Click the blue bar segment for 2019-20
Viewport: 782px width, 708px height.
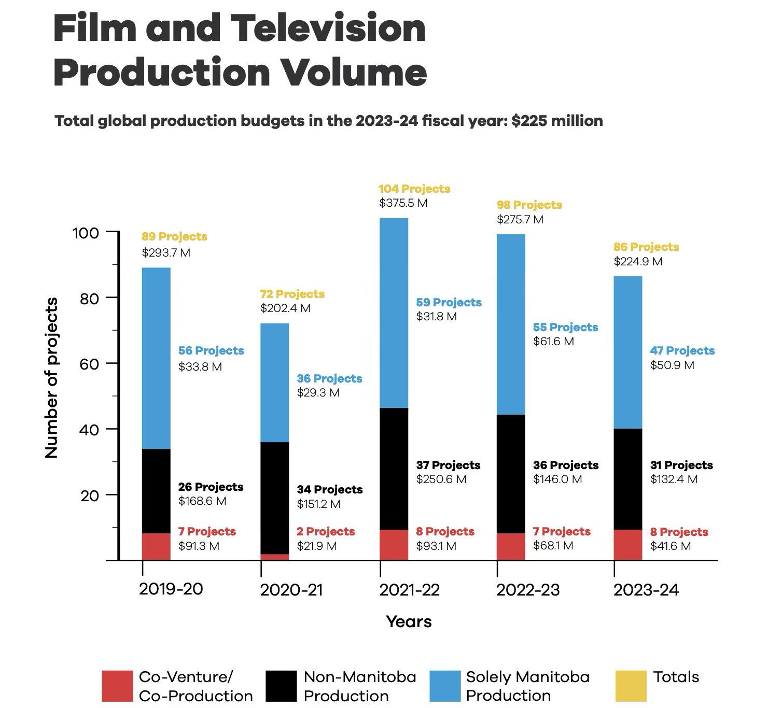[156, 358]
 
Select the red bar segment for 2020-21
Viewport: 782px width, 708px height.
[275, 557]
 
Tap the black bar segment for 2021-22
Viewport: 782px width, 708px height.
[394, 469]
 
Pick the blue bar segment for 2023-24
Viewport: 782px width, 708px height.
[628, 352]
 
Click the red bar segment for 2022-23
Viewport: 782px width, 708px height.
[511, 547]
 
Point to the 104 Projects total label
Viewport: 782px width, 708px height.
[414, 189]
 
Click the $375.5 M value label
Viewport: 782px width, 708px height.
[403, 203]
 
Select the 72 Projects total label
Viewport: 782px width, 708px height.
[292, 294]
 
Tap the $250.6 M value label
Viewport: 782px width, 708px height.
[441, 479]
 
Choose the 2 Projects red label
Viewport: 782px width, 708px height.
[326, 532]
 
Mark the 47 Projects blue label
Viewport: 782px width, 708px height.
[682, 351]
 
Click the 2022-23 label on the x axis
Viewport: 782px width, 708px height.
[528, 590]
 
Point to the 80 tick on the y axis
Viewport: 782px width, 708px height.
[89, 299]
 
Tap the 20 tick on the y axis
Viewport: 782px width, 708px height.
[89, 496]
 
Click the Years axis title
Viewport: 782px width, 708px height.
[409, 622]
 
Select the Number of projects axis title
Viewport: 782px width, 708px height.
[51, 378]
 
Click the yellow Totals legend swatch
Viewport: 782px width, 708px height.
[631, 686]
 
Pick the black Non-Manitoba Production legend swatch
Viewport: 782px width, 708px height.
[282, 686]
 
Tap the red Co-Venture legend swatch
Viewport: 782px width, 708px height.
[117, 686]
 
